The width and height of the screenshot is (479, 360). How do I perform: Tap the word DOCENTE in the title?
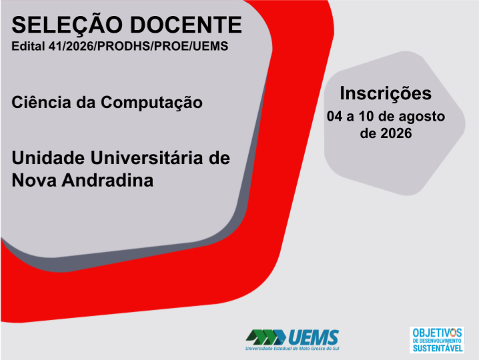186,25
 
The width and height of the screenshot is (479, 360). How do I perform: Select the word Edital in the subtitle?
28,46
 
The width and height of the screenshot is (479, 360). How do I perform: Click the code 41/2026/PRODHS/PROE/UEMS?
138,46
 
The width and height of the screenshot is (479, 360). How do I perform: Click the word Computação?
151,103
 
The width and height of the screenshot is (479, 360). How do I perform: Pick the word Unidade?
48,158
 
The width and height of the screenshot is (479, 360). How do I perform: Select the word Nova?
34,180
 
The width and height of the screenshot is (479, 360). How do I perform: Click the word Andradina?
107,180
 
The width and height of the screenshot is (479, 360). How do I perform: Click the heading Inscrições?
386,94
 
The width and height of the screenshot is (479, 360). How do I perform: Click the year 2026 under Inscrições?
396,133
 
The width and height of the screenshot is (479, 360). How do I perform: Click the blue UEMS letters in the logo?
314,337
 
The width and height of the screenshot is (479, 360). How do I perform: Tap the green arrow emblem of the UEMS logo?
266,337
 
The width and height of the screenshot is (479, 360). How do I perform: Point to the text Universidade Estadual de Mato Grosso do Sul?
292,349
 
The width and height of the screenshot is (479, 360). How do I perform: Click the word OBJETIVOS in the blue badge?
437,333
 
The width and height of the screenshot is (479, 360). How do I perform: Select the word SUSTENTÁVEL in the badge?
438,348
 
